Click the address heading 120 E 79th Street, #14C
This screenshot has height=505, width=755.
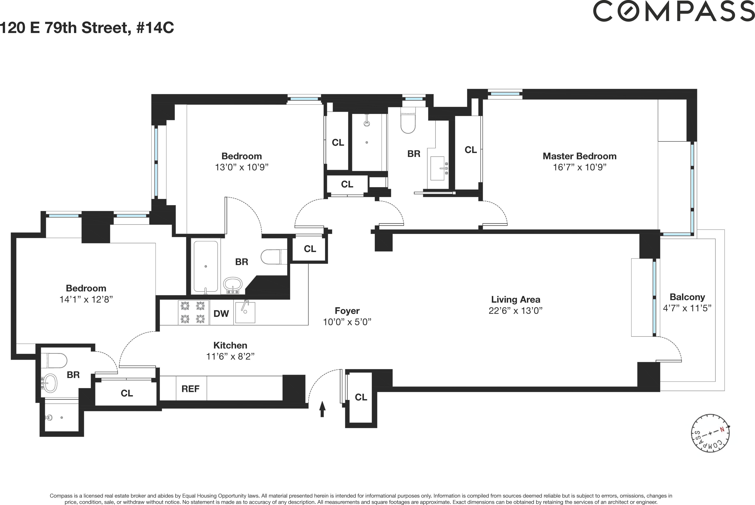(87, 28)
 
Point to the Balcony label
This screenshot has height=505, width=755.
(687, 297)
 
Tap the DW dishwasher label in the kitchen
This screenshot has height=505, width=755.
(221, 313)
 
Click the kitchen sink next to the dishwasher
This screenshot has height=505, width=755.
(245, 312)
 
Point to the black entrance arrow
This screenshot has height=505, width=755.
(322, 409)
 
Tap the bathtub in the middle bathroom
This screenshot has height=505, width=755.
(205, 267)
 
